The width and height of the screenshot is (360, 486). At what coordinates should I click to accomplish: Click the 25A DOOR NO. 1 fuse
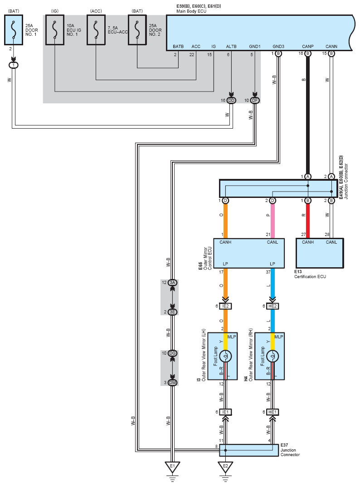(x=14, y=29)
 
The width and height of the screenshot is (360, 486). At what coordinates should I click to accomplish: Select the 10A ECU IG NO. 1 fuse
(x=55, y=29)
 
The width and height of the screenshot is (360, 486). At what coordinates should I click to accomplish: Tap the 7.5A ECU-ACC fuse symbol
(x=96, y=29)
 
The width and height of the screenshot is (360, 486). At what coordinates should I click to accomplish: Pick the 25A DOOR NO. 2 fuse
(x=137, y=29)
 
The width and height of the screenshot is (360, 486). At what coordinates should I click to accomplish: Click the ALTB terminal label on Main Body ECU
(x=231, y=47)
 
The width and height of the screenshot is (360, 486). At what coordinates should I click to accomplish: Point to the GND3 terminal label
(x=278, y=47)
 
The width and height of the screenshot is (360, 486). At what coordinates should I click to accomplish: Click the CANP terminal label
(x=308, y=47)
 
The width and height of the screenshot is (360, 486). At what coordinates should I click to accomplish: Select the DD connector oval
(x=231, y=101)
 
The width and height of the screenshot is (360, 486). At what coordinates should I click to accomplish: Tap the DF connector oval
(x=255, y=101)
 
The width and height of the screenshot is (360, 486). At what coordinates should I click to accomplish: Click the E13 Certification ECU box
(x=320, y=253)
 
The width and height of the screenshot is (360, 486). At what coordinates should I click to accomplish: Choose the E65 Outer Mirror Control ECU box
(x=249, y=253)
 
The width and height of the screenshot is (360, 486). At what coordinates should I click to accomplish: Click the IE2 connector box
(x=225, y=306)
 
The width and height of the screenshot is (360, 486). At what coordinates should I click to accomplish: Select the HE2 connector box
(x=272, y=306)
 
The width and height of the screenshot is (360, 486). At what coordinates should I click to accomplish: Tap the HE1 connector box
(x=272, y=412)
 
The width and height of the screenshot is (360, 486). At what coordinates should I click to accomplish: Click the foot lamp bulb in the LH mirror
(x=225, y=356)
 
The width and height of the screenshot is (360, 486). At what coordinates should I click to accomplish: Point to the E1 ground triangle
(x=172, y=467)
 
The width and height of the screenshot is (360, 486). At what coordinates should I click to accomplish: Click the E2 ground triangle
(x=225, y=467)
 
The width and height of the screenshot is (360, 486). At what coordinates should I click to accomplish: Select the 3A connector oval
(x=173, y=283)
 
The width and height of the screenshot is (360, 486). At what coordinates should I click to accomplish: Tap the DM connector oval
(x=173, y=383)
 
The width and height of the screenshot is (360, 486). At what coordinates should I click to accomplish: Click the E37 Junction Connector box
(x=249, y=450)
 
